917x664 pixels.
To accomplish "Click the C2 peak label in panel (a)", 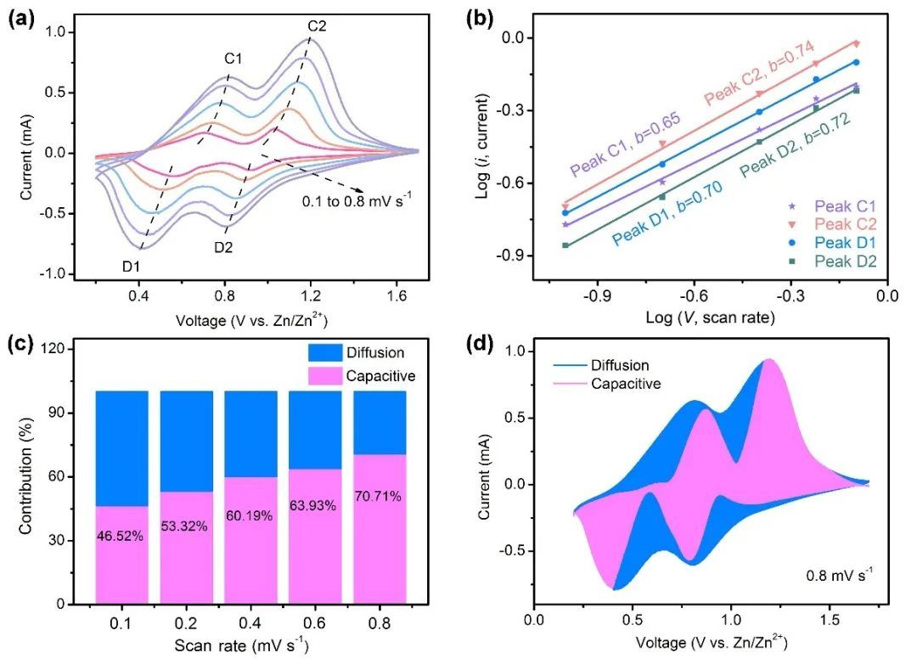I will (x=318, y=26).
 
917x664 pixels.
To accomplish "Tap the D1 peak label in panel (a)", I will (x=132, y=267).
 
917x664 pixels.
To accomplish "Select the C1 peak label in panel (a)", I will (x=233, y=59).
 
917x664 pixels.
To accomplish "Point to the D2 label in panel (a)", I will (x=224, y=247).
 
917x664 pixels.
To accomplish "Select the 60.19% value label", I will (x=250, y=515).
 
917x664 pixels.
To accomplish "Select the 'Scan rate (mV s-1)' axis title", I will (x=242, y=645).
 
